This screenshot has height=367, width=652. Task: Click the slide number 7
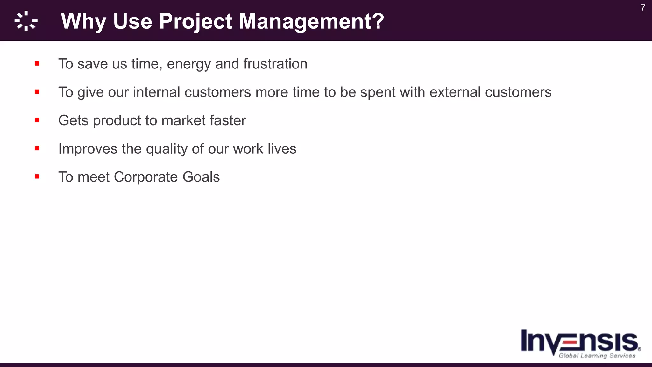pyautogui.click(x=642, y=8)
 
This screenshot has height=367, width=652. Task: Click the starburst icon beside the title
pyautogui.click(x=26, y=21)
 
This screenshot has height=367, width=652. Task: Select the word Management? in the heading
pyautogui.click(x=311, y=21)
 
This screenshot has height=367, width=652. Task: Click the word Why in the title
pyautogui.click(x=83, y=21)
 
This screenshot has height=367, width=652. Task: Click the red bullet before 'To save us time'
pyautogui.click(x=37, y=64)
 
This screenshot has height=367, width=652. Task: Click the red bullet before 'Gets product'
pyautogui.click(x=37, y=120)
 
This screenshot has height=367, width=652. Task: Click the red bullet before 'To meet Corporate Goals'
pyautogui.click(x=37, y=176)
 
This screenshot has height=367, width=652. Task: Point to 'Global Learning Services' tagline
pyautogui.click(x=597, y=356)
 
